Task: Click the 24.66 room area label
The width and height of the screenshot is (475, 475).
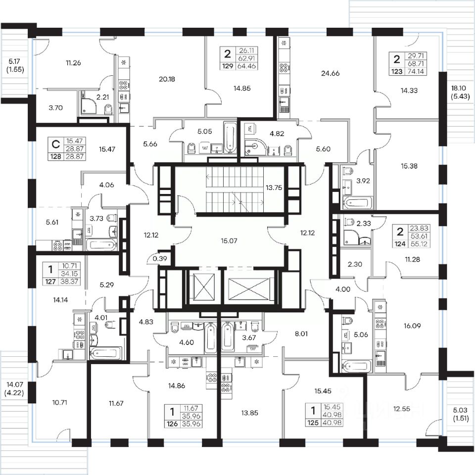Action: pos(330,73)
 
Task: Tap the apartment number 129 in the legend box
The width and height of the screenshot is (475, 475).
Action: pos(228,66)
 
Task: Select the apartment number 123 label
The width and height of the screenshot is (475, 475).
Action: pos(397,71)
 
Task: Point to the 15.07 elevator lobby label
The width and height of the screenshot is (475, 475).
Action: pos(229,241)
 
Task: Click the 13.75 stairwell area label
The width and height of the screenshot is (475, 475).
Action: pos(274,188)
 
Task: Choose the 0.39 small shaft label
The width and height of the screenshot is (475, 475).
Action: pos(160,258)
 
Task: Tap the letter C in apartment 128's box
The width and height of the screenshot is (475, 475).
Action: pos(56,144)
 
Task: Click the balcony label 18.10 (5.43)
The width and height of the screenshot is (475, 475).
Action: pos(461,93)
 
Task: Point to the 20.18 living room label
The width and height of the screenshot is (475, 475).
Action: pos(167,79)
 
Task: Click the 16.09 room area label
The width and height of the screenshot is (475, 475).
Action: pos(412,326)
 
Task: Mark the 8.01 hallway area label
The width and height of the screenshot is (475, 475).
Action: pos(301,334)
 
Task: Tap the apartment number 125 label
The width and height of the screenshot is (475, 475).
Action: pos(313,423)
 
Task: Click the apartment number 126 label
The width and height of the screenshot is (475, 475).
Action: pos(172,424)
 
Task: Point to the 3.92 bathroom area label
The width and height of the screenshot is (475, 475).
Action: pos(363,181)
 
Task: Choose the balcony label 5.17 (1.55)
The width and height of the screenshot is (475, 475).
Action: pos(14,65)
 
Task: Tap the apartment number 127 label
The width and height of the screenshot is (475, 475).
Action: pos(50,282)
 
